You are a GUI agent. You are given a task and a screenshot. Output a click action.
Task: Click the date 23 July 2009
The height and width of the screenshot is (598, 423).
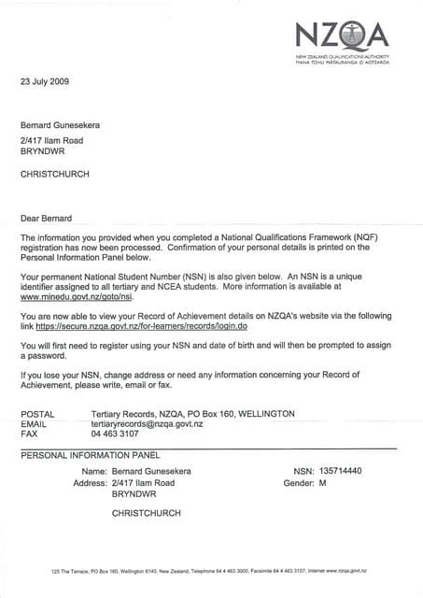point(46,81)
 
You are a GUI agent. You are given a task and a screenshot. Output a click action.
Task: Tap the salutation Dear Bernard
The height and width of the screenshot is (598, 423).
point(46,219)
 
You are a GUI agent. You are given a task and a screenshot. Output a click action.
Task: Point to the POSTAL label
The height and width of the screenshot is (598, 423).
point(37,413)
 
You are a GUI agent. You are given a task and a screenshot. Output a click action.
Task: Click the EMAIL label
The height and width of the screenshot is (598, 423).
point(34,423)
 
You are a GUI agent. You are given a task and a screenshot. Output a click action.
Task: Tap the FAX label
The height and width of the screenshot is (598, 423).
point(29,434)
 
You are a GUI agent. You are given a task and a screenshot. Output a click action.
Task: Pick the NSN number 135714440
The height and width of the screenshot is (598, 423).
point(341,471)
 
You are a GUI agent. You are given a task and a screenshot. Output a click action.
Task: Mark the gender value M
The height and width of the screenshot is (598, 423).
point(322,483)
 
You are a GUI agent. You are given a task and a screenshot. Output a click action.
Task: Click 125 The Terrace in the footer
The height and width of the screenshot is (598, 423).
point(71,570)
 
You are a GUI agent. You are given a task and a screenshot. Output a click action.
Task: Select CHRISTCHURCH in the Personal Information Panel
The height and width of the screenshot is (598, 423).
point(146,513)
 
